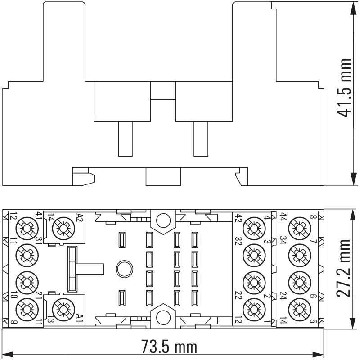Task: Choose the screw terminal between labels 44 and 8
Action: click(x=298, y=229)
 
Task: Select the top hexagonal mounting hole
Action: click(x=162, y=220)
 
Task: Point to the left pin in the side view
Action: click(x=125, y=139)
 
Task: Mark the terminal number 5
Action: click(x=312, y=322)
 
